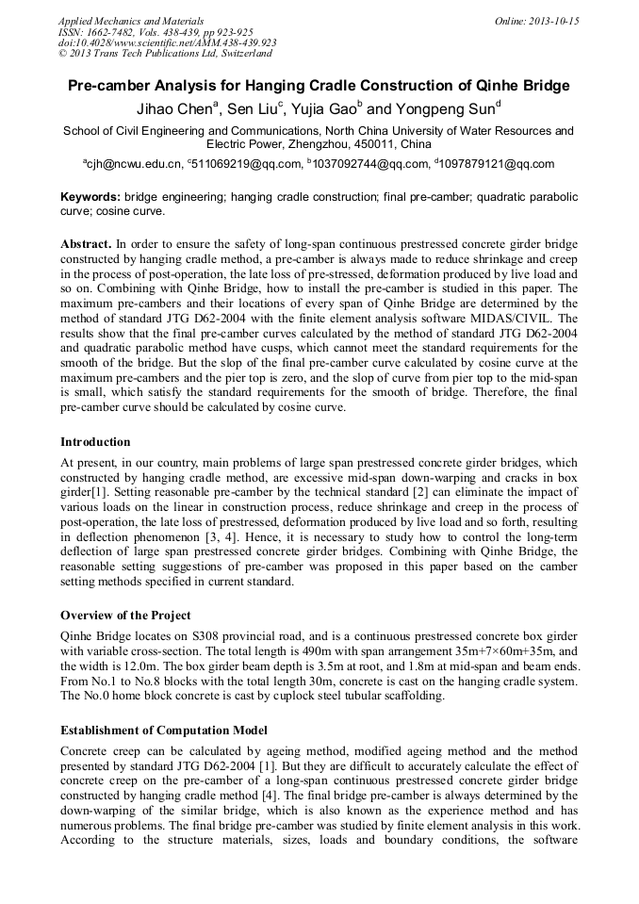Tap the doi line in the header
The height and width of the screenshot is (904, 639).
tap(167, 42)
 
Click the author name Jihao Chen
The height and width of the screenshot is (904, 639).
tap(173, 109)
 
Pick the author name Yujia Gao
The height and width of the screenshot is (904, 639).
tap(324, 109)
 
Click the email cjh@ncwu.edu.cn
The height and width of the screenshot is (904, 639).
tap(135, 164)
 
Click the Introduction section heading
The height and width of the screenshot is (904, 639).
tap(95, 442)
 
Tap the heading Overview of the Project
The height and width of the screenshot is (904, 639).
tap(125, 616)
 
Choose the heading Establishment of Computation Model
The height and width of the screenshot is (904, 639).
tap(164, 731)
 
